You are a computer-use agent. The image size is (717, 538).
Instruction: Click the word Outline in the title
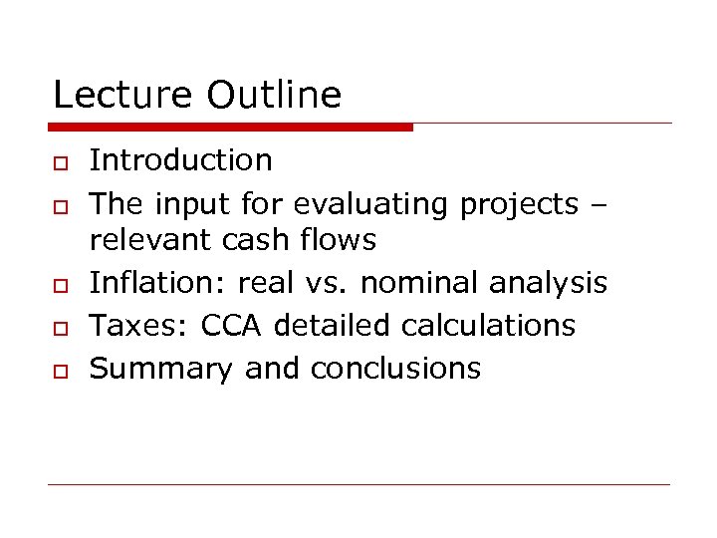[x=274, y=96]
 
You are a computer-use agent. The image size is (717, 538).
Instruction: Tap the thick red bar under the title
[x=230, y=127]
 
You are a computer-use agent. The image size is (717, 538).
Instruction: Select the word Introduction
[x=180, y=159]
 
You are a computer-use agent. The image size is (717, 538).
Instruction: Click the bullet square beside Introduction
[x=60, y=162]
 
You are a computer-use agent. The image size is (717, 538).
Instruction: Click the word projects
[x=518, y=204]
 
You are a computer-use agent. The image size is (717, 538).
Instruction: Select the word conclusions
[x=395, y=369]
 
